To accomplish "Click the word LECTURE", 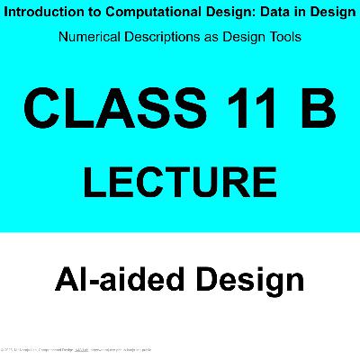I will pos(180,181).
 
